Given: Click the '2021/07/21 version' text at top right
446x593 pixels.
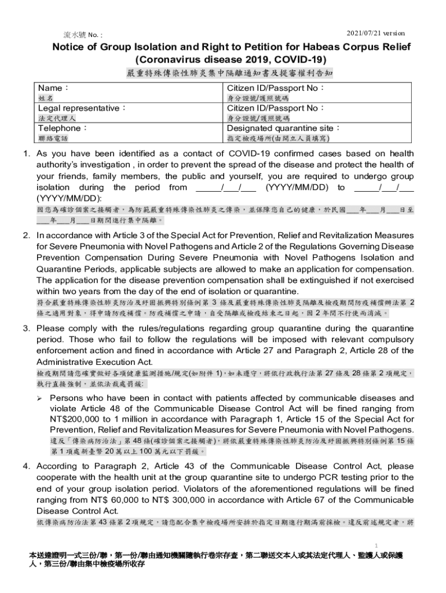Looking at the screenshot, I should point(375,33).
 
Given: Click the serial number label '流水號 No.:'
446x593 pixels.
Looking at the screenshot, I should point(83,34).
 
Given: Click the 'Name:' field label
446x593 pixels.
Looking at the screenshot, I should point(53,88).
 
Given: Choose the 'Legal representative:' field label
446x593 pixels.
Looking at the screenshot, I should point(82,108).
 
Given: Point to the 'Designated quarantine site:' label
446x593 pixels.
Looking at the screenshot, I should point(283,128).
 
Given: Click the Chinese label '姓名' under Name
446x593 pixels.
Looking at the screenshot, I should point(46,98).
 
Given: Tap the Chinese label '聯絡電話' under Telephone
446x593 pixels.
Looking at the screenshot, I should point(53,138).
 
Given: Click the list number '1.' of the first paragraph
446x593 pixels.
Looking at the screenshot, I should point(27,153).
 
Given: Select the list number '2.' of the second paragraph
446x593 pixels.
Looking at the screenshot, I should point(27,236).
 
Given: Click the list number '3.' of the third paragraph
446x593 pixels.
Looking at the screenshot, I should point(27,328).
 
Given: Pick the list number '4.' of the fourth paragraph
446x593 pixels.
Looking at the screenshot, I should point(27,466).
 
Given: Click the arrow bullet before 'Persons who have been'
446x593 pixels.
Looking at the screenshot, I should point(40,398).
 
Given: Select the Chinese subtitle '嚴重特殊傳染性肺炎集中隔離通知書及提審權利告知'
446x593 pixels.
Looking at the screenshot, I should point(229,74).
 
